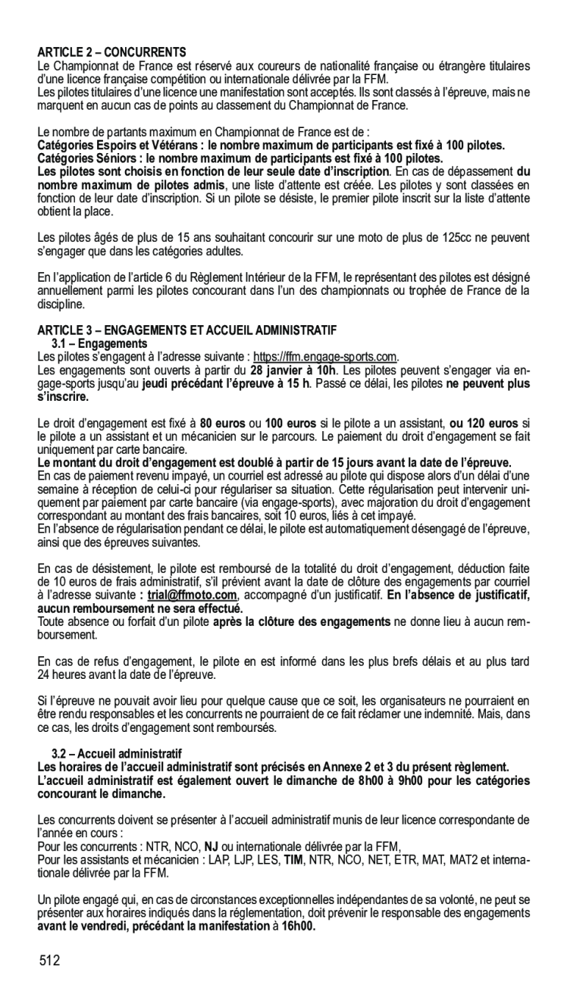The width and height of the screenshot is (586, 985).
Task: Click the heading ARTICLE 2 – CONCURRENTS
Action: pyautogui.click(x=111, y=53)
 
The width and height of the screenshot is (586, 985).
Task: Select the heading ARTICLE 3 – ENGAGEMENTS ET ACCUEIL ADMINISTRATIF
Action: pyautogui.click(x=186, y=330)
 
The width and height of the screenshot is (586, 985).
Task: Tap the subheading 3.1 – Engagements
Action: pyautogui.click(x=93, y=343)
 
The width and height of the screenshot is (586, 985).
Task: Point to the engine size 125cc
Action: pyautogui.click(x=456, y=238)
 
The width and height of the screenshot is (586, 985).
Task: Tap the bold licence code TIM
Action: pyautogui.click(x=291, y=860)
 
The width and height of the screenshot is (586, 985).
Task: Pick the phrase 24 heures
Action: pyautogui.click(x=58, y=674)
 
